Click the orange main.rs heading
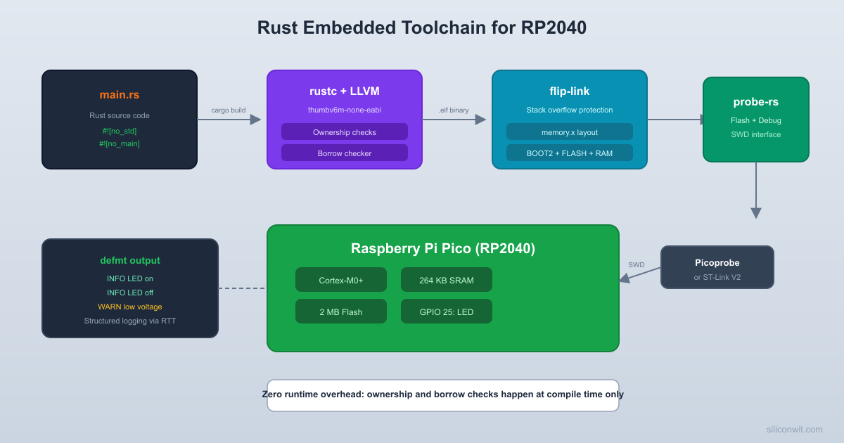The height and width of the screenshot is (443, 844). coord(120,94)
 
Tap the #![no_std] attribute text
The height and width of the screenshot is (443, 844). coord(120,131)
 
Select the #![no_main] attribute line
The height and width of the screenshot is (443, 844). coord(120,143)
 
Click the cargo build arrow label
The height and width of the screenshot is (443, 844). coord(229,110)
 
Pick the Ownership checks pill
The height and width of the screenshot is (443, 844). coord(345,132)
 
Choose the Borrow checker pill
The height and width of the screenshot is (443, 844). coord(345,153)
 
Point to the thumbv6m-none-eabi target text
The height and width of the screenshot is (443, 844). coord(345,110)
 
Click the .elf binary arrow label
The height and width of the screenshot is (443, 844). coord(454,110)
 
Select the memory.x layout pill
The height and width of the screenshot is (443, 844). coord(570,132)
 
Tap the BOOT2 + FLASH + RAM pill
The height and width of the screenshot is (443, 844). coord(570,153)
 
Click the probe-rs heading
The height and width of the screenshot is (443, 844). coord(756,102)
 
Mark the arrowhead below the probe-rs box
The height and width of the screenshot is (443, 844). coord(756,212)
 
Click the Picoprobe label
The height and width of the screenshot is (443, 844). coord(717,263)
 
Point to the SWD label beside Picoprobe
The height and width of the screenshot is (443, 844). coord(637,265)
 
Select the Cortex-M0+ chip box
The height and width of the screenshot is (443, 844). coord(341,280)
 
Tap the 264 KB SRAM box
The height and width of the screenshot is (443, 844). coord(447,280)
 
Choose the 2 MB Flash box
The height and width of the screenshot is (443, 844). coord(341,312)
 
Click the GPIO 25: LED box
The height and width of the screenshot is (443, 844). coord(447,312)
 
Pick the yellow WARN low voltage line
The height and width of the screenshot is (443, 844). coord(130,307)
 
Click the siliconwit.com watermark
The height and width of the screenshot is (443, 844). coord(795,429)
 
